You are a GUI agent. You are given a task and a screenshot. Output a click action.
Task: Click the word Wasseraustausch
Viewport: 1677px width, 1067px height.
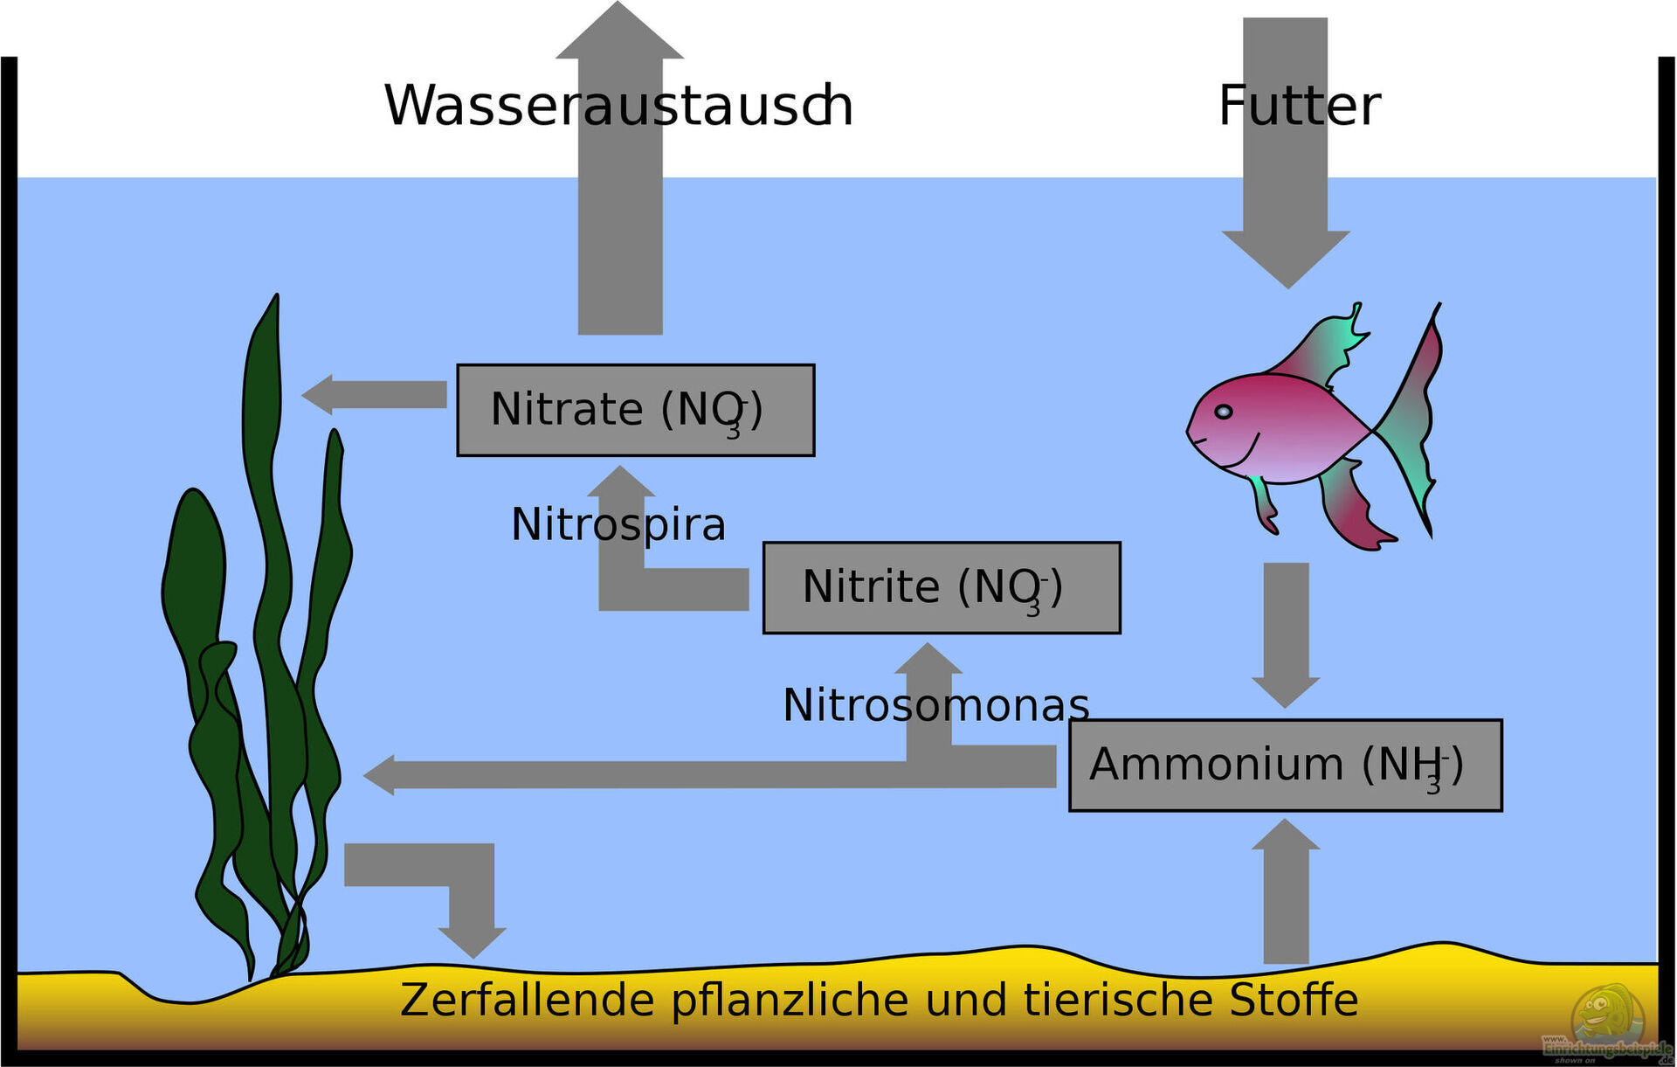click(618, 106)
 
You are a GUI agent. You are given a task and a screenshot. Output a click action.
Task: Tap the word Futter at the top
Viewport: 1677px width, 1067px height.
click(1299, 106)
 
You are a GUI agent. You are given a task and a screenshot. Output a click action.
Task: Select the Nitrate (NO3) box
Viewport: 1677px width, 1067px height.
click(635, 410)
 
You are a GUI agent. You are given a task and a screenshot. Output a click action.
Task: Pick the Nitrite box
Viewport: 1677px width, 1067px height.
click(941, 587)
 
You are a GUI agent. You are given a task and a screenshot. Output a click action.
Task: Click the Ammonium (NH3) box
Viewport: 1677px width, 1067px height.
click(1285, 766)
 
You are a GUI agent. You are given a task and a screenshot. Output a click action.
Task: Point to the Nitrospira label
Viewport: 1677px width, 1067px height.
click(618, 524)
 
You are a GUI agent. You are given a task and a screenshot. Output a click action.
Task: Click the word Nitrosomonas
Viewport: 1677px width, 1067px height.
click(935, 704)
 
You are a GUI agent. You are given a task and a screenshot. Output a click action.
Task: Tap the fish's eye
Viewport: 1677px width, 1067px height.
click(1224, 412)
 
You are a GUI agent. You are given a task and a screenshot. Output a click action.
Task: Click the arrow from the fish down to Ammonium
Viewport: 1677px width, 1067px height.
click(1286, 633)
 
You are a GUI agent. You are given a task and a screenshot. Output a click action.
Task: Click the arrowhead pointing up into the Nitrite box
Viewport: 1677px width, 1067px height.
click(928, 660)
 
